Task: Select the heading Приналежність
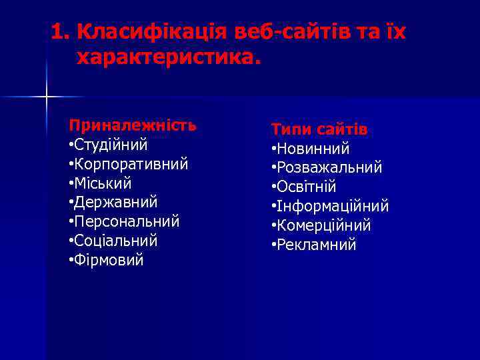[x=133, y=125]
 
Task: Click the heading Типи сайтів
[x=319, y=129]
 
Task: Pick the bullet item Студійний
[x=110, y=144]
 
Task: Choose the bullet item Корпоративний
[x=130, y=163]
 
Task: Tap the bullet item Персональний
[x=126, y=221]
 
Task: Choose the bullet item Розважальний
[x=329, y=168]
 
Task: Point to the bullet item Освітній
[x=306, y=187]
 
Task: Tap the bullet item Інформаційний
[x=332, y=207]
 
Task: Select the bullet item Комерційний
[x=323, y=226]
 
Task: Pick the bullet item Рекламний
[x=316, y=245]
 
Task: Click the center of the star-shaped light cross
[x=47, y=97]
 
